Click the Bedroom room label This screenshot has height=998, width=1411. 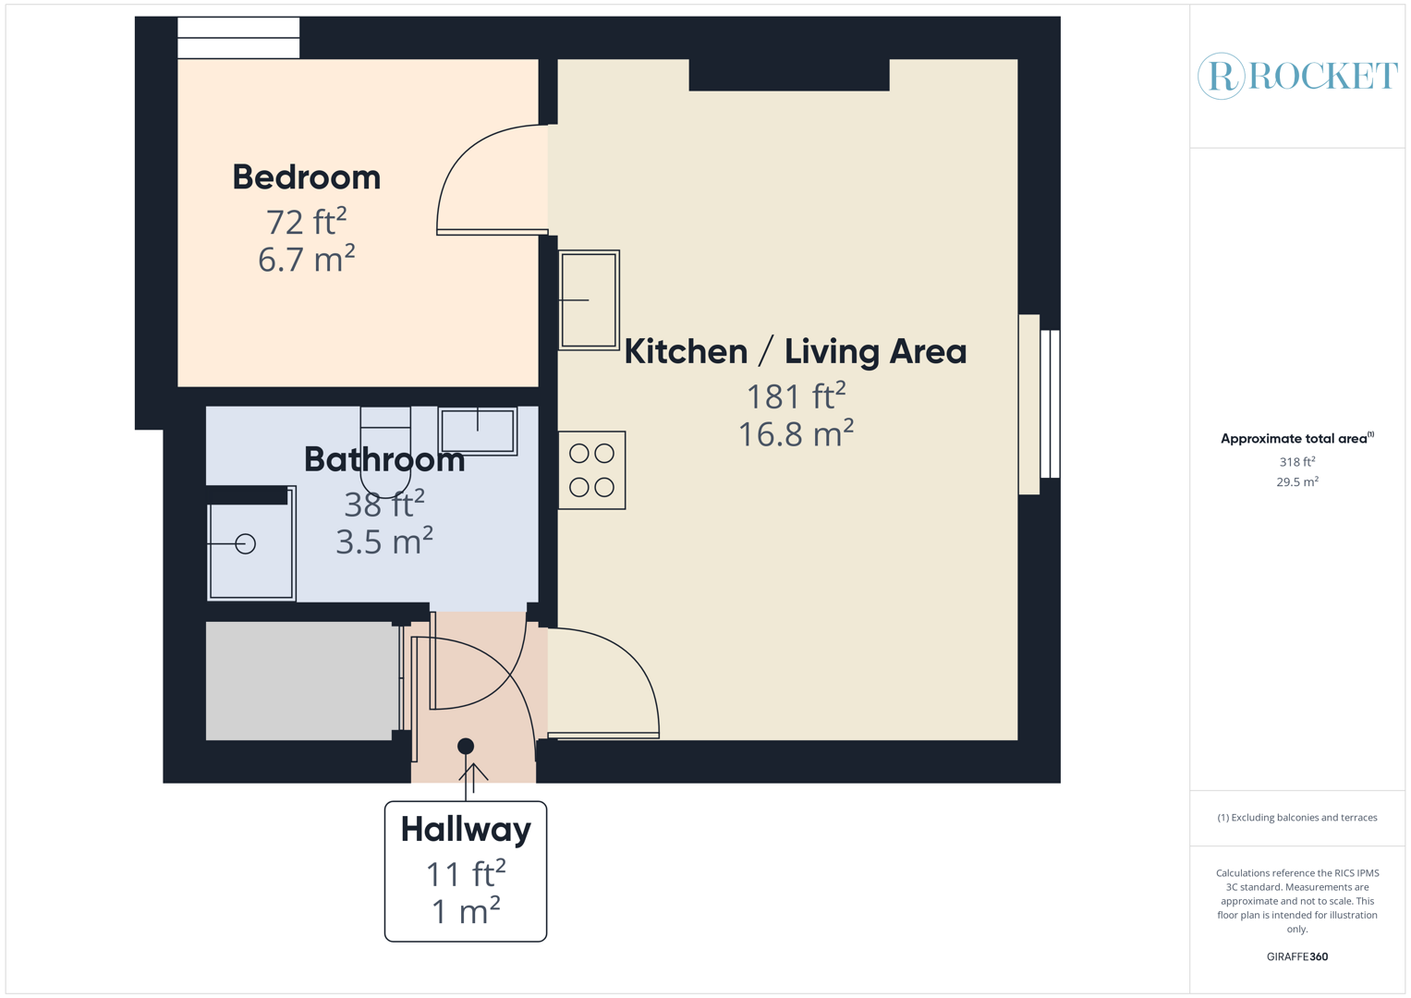pyautogui.click(x=306, y=177)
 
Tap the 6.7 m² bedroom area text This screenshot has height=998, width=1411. pyautogui.click(x=306, y=260)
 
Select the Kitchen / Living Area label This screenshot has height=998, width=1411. pyautogui.click(x=795, y=352)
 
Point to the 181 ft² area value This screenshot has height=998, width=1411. pyautogui.click(x=796, y=396)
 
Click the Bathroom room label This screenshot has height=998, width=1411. pyautogui.click(x=383, y=459)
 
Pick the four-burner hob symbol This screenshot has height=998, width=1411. pyautogui.click(x=591, y=470)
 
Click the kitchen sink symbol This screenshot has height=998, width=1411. pyautogui.click(x=589, y=300)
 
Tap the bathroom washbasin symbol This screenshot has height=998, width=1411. pyautogui.click(x=477, y=431)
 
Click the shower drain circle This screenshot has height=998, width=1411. pyautogui.click(x=245, y=544)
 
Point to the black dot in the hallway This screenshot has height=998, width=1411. pyautogui.click(x=466, y=746)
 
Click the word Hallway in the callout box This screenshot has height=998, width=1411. pyautogui.click(x=466, y=830)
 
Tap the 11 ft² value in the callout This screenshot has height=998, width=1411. pyautogui.click(x=466, y=873)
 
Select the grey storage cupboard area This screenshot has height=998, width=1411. pyautogui.click(x=301, y=681)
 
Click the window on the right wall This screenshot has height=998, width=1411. pyautogui.click(x=1049, y=404)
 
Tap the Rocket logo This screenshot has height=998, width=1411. pyautogui.click(x=1296, y=76)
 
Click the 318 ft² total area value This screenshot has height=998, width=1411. pyautogui.click(x=1296, y=462)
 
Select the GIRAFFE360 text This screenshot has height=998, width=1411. pyautogui.click(x=1296, y=956)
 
